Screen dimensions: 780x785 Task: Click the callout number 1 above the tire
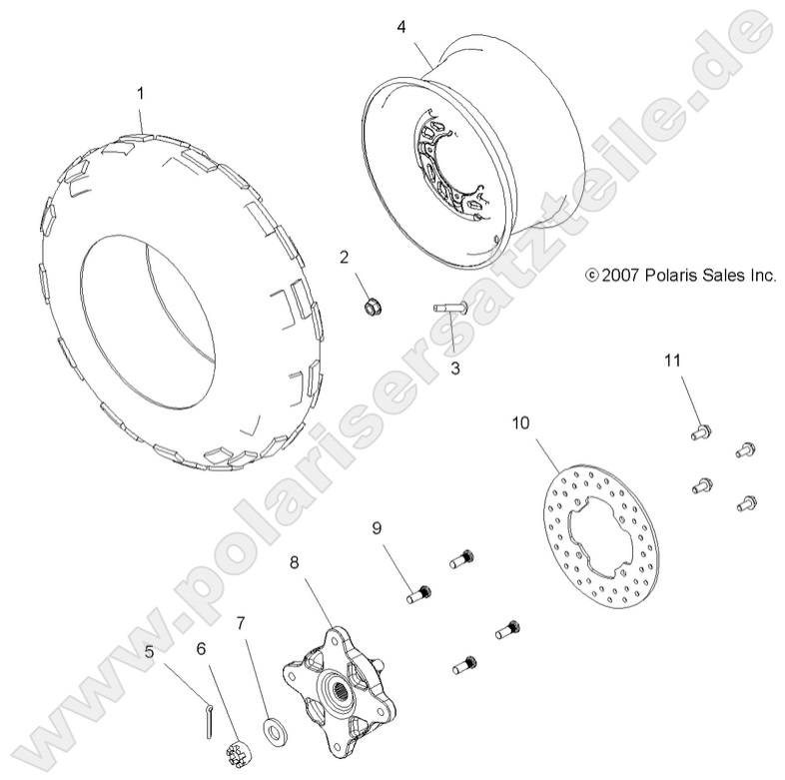tap(141, 93)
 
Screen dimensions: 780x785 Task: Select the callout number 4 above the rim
tap(400, 27)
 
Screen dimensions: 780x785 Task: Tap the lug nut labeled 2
tap(374, 306)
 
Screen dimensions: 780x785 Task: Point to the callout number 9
tap(378, 527)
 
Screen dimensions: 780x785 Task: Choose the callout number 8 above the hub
tap(295, 562)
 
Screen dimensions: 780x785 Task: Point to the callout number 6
tap(201, 649)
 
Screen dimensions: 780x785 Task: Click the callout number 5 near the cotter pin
tap(149, 652)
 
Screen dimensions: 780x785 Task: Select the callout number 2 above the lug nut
tap(344, 258)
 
